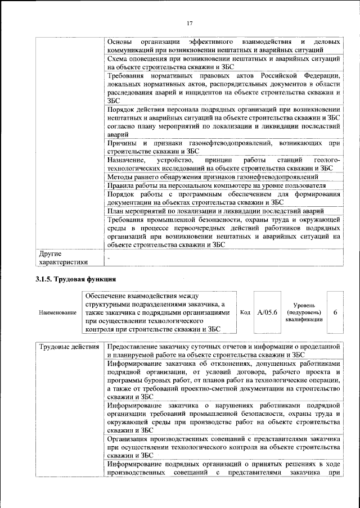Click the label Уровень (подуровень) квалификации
[x=304, y=312]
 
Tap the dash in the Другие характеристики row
[x=109, y=257]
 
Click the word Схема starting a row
[x=119, y=58]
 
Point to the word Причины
[x=124, y=143]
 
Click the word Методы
[x=120, y=177]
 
